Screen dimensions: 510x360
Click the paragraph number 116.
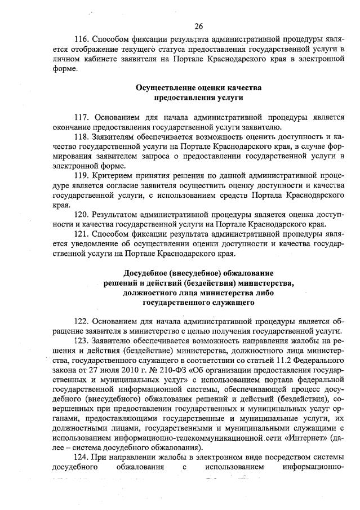pyautogui.click(x=82, y=41)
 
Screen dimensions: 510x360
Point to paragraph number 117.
pyautogui.click(x=82, y=117)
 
